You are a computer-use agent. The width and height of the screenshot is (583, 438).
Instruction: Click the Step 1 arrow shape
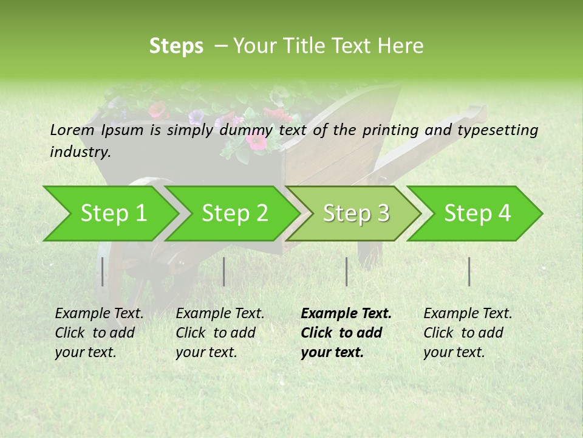pyautogui.click(x=112, y=214)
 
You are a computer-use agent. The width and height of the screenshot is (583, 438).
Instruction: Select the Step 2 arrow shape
pyautogui.click(x=234, y=214)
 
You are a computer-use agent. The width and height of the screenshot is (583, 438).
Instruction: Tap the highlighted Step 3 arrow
pyautogui.click(x=355, y=214)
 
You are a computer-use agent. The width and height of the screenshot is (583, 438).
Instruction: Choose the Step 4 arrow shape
pyautogui.click(x=477, y=214)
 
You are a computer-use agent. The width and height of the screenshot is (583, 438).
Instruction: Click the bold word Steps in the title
pyautogui.click(x=176, y=46)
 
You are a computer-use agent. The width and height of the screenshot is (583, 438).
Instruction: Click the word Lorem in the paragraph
pyautogui.click(x=72, y=130)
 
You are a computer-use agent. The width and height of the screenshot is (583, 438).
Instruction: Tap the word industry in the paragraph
pyautogui.click(x=80, y=152)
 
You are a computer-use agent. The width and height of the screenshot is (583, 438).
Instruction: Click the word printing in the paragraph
pyautogui.click(x=390, y=130)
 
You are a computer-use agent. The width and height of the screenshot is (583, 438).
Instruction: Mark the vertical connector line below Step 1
pyautogui.click(x=103, y=271)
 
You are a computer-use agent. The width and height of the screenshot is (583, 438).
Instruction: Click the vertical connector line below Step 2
pyautogui.click(x=224, y=271)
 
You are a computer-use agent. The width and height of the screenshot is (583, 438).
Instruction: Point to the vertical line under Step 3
pyautogui.click(x=346, y=271)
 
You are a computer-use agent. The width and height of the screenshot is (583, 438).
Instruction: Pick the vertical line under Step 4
pyautogui.click(x=469, y=271)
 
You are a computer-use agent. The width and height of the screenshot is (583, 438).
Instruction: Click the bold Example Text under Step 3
pyautogui.click(x=346, y=314)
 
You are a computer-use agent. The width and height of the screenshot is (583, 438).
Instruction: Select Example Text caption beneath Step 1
pyautogui.click(x=99, y=314)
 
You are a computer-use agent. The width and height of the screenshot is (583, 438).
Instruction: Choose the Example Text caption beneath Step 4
pyautogui.click(x=468, y=314)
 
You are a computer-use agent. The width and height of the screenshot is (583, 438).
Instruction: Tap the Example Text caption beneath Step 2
pyautogui.click(x=220, y=314)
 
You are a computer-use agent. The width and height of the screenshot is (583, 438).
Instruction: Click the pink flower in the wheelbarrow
pyautogui.click(x=256, y=141)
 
